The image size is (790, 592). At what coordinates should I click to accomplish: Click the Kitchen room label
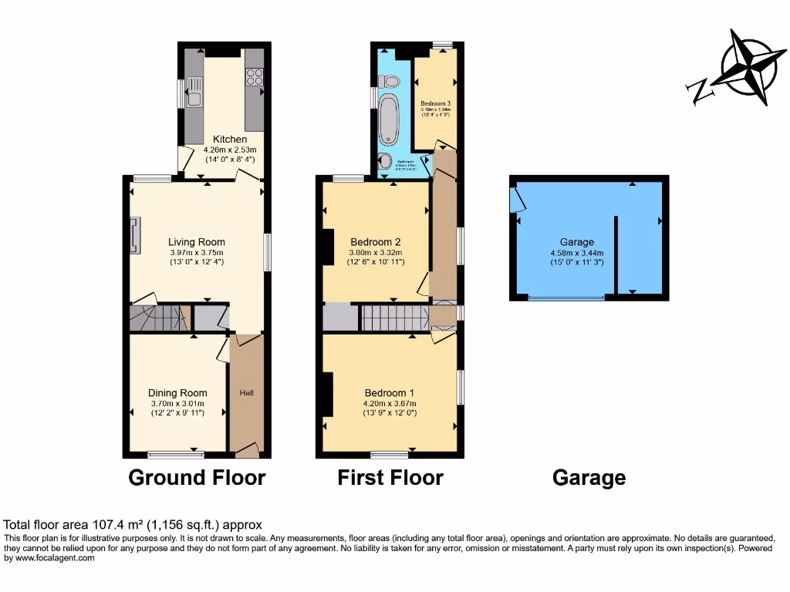pyautogui.click(x=230, y=140)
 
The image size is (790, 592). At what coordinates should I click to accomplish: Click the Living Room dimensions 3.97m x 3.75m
pyautogui.click(x=197, y=252)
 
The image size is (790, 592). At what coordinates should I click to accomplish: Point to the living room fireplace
pyautogui.click(x=137, y=235)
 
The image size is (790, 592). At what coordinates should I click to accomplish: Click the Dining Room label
pyautogui.click(x=177, y=393)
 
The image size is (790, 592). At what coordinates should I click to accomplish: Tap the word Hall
pyautogui.click(x=247, y=393)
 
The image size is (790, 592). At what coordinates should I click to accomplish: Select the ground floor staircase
pyautogui.click(x=158, y=318)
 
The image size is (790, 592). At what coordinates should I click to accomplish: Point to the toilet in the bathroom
pyautogui.click(x=390, y=80)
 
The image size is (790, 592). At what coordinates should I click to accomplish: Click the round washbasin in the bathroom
pyautogui.click(x=385, y=162)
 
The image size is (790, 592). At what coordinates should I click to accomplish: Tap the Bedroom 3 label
pyautogui.click(x=435, y=103)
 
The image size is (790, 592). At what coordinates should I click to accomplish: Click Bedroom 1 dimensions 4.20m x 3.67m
pyautogui.click(x=389, y=403)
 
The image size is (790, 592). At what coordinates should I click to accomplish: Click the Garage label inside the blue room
pyautogui.click(x=577, y=242)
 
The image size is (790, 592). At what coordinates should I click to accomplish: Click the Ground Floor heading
pyautogui.click(x=197, y=477)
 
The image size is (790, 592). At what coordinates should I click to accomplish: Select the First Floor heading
pyautogui.click(x=390, y=477)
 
